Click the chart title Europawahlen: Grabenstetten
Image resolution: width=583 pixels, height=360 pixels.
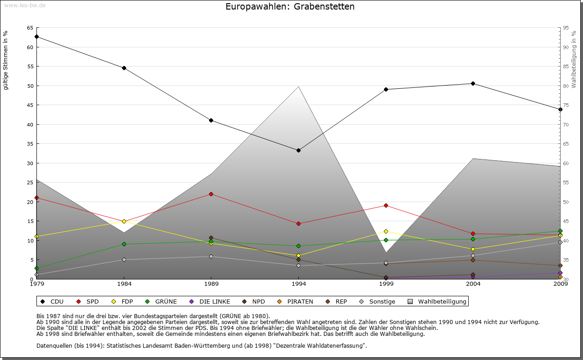(x=290, y=7)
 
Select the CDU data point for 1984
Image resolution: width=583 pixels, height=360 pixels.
(x=124, y=68)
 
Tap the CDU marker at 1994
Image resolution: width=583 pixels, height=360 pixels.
(x=298, y=151)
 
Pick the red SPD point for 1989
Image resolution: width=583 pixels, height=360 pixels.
(x=211, y=194)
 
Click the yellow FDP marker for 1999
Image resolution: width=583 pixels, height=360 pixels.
(x=386, y=232)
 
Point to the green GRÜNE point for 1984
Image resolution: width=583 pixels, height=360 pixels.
(x=124, y=244)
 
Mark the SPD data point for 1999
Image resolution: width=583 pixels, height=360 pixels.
(x=386, y=206)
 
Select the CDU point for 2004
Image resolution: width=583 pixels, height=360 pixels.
(x=473, y=84)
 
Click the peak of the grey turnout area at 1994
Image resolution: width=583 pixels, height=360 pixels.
(x=298, y=86)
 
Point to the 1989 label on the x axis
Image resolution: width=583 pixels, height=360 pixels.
(x=211, y=284)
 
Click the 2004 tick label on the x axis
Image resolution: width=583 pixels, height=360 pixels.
(x=473, y=284)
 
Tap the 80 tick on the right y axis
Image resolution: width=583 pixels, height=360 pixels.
(x=565, y=86)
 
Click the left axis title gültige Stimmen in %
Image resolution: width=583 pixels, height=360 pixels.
(x=6, y=61)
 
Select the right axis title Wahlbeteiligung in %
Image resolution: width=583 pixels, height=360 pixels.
(x=574, y=59)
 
